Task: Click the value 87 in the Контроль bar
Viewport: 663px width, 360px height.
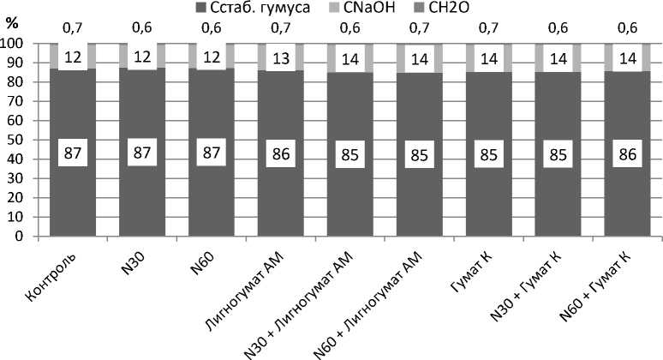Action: [x=73, y=154]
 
